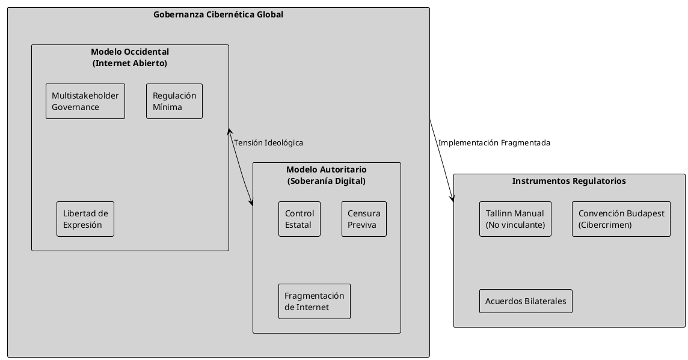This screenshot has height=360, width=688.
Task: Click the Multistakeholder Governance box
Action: (x=85, y=101)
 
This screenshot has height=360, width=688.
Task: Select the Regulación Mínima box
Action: (x=174, y=101)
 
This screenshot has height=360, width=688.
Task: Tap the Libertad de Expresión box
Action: (x=85, y=219)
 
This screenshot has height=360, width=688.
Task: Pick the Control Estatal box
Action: (x=299, y=219)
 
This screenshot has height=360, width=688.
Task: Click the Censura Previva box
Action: (x=364, y=219)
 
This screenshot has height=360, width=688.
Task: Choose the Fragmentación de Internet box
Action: (x=315, y=301)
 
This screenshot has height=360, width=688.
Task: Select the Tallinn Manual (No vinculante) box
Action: (x=515, y=219)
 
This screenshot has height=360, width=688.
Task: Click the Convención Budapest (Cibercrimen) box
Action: (x=621, y=219)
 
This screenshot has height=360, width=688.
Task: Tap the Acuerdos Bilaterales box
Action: (x=526, y=301)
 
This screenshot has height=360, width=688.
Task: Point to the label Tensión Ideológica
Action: (x=268, y=143)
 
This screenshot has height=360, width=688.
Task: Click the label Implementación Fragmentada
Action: (x=494, y=143)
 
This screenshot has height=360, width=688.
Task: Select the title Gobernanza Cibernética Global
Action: (x=219, y=14)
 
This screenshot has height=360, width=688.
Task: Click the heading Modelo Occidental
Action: (x=130, y=52)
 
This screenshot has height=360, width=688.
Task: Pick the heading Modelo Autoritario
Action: (x=326, y=170)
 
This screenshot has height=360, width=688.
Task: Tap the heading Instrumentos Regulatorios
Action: (x=569, y=181)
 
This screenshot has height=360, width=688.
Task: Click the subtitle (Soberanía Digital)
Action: (x=326, y=180)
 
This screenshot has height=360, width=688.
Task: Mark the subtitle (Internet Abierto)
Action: (x=130, y=63)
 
